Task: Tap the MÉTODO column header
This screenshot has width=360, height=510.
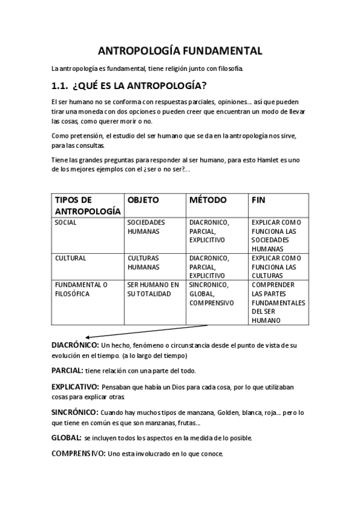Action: tap(208, 200)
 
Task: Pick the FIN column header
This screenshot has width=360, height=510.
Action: tap(259, 200)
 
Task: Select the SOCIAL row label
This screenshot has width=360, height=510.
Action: tap(66, 223)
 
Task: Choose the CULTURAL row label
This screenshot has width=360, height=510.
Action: tap(70, 258)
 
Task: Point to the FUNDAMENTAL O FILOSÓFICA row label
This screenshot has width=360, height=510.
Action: tap(81, 289)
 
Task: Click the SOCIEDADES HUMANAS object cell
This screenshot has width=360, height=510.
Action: tap(146, 227)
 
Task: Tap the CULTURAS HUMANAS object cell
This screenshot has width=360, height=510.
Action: tap(144, 262)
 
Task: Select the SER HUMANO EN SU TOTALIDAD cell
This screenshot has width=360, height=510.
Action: tap(153, 289)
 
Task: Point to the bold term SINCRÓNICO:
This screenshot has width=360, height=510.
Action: tap(75, 412)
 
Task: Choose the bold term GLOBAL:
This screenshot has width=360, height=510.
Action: tap(66, 437)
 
